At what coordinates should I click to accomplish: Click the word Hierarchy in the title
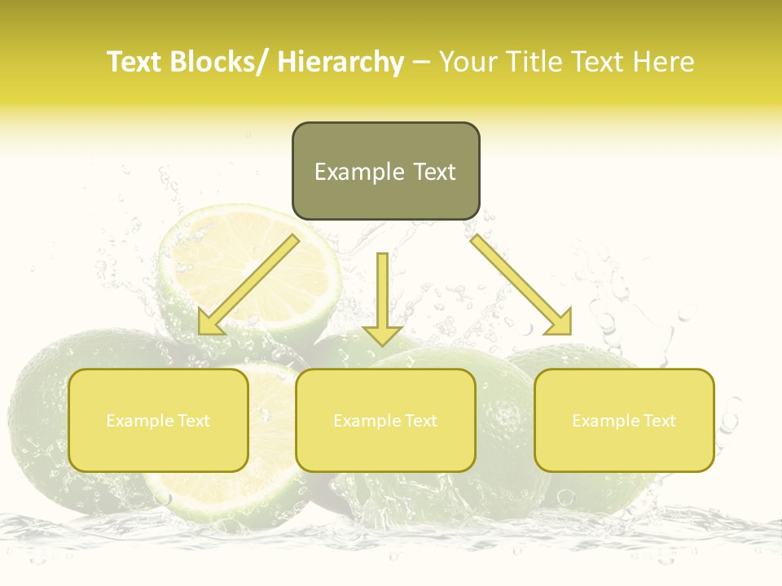(340, 62)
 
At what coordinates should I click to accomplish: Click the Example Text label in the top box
(385, 172)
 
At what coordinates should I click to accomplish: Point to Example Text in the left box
(158, 421)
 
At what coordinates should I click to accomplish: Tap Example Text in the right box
(624, 421)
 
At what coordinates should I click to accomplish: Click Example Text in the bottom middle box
(385, 421)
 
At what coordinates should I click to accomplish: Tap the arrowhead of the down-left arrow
(210, 323)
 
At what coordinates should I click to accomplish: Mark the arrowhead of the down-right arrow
(561, 323)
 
